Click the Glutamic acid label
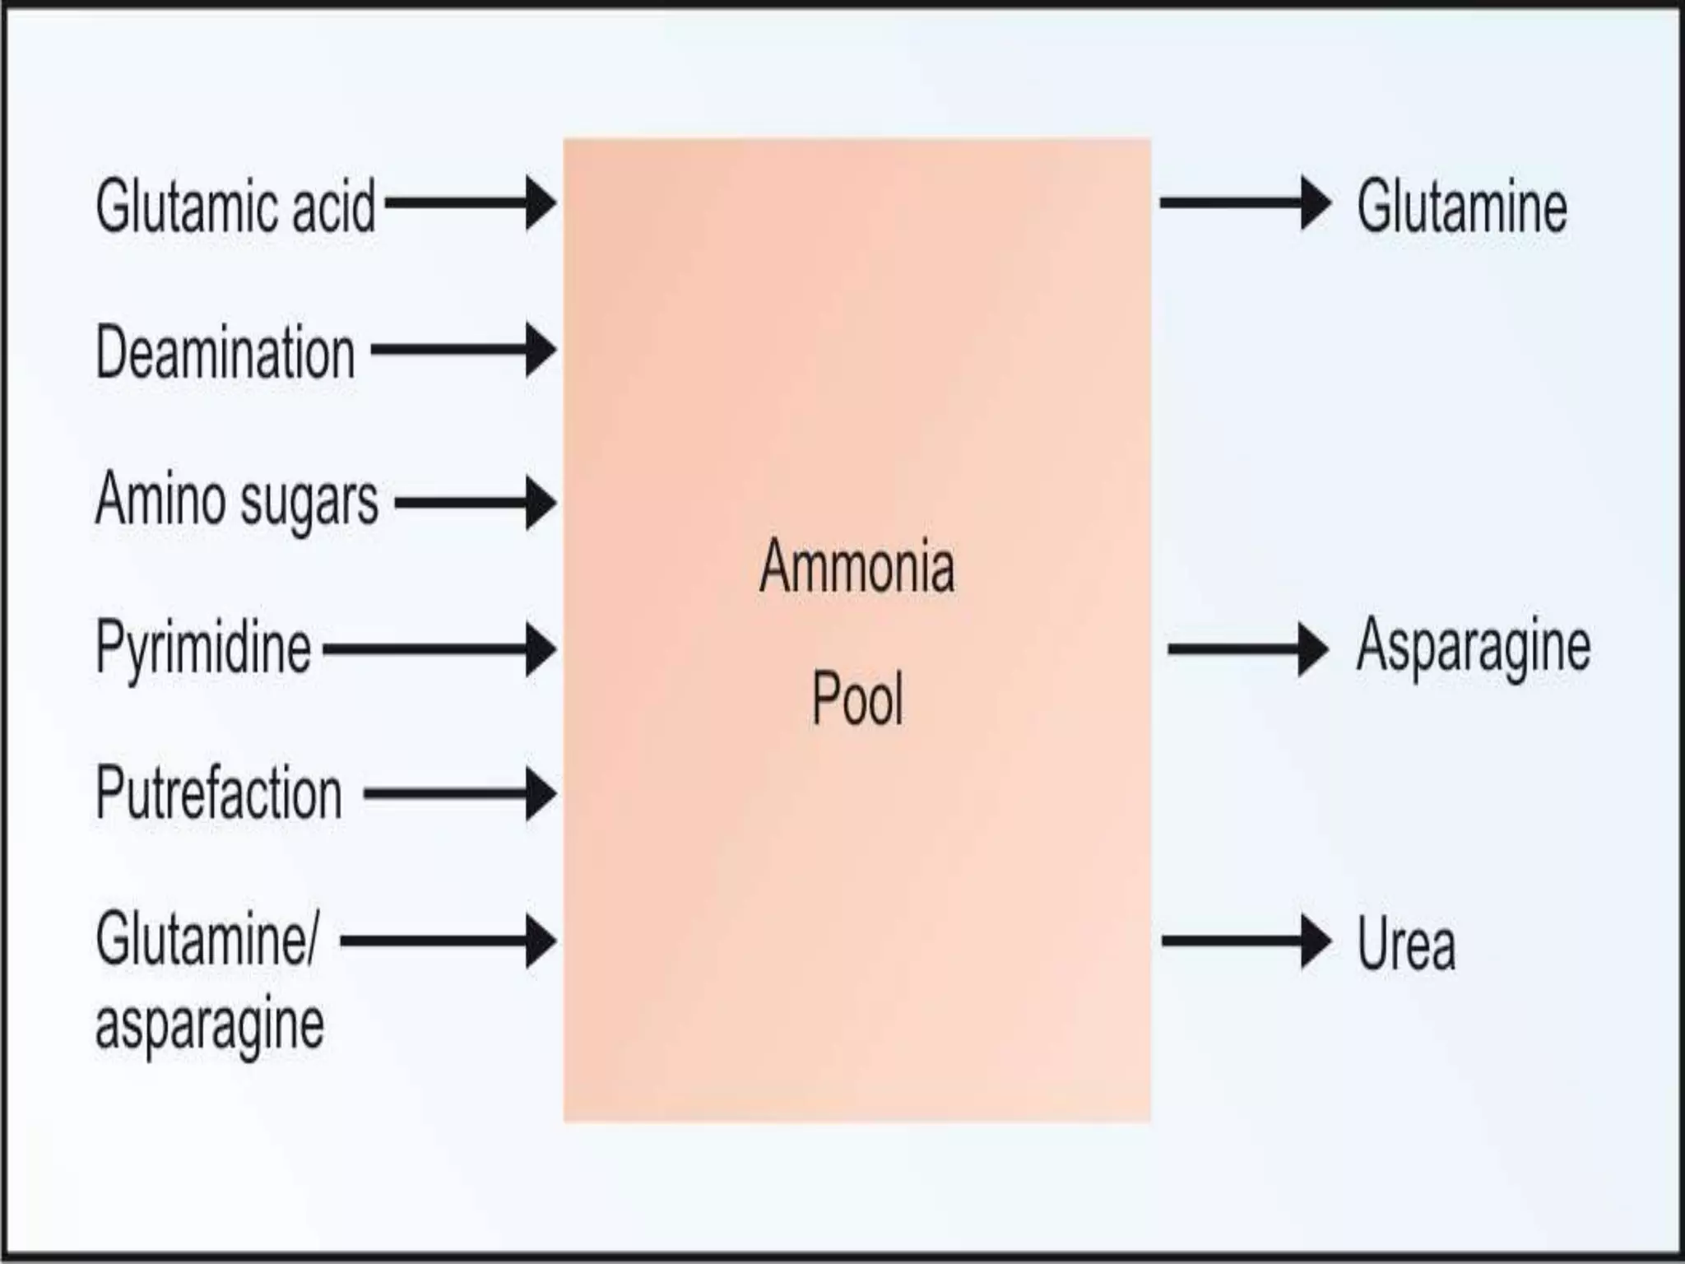[235, 206]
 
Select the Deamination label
[225, 352]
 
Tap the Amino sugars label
[237, 500]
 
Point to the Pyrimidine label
[203, 648]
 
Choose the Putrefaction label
[219, 793]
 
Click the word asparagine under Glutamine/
[210, 1025]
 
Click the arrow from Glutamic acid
[470, 202]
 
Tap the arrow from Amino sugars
[475, 502]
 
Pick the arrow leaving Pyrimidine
[439, 649]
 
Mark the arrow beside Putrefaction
[460, 794]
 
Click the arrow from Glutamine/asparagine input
[448, 941]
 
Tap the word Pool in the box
[857, 699]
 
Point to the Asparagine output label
[1473, 647]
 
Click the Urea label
[1406, 944]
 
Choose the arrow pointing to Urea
[1246, 941]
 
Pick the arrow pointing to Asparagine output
[1247, 649]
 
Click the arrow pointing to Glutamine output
[1245, 202]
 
